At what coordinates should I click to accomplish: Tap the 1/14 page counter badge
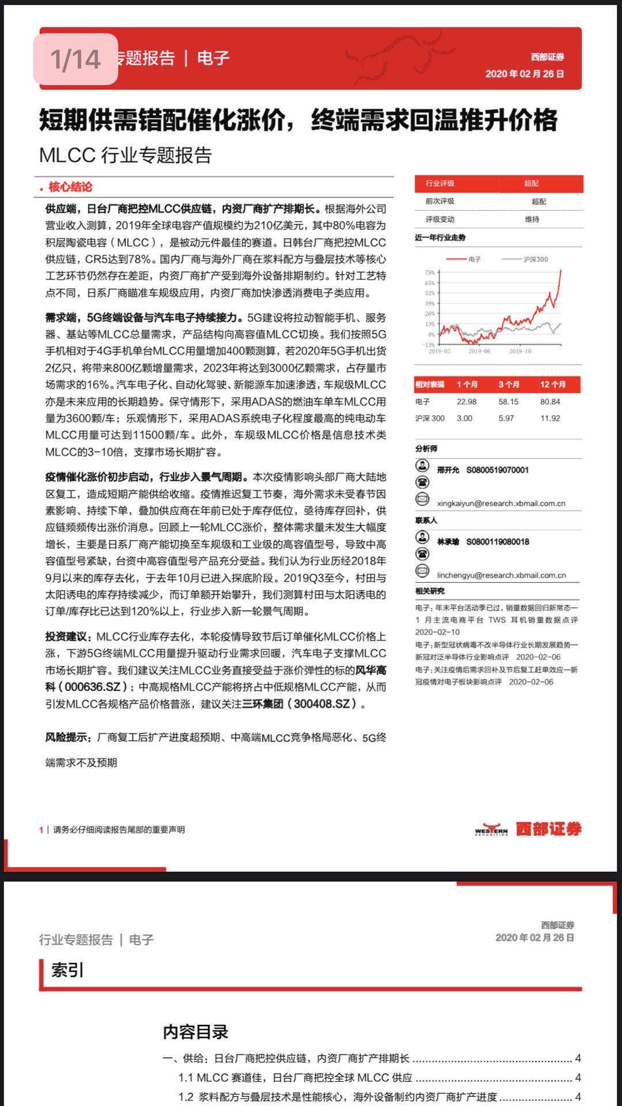pyautogui.click(x=75, y=59)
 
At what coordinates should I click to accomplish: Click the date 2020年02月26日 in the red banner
pyautogui.click(x=524, y=74)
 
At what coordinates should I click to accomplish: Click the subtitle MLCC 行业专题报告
pyautogui.click(x=126, y=155)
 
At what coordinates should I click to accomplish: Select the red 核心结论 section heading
pyautogui.click(x=70, y=187)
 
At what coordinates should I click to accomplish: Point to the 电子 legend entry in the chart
pyautogui.click(x=474, y=259)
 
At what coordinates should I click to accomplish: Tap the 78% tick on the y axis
pyautogui.click(x=430, y=272)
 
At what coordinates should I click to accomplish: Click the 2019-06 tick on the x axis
pyautogui.click(x=479, y=351)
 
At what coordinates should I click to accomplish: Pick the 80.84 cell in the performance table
pyautogui.click(x=550, y=402)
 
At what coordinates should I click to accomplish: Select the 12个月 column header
pyautogui.click(x=552, y=384)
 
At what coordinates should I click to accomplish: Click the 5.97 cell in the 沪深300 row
pyautogui.click(x=506, y=419)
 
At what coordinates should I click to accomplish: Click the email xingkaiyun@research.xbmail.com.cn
pyautogui.click(x=501, y=503)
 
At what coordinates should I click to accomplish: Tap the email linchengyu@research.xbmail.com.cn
pyautogui.click(x=501, y=575)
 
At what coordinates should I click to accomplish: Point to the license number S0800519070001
pyautogui.click(x=497, y=470)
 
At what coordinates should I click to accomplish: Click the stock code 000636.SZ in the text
pyautogui.click(x=93, y=687)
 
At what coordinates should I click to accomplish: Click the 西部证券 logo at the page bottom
pyautogui.click(x=528, y=829)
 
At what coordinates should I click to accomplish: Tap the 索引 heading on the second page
pyautogui.click(x=67, y=970)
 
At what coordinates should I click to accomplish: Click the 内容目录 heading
pyautogui.click(x=195, y=1032)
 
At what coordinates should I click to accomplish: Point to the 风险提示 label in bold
pyautogui.click(x=68, y=738)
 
